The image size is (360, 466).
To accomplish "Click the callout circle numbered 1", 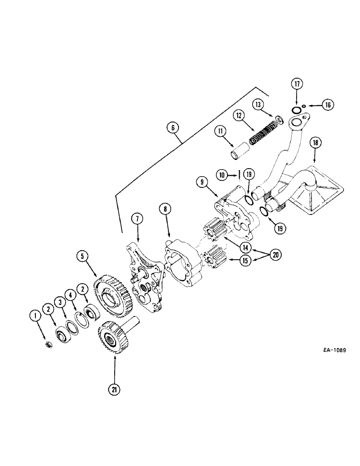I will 34,317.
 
